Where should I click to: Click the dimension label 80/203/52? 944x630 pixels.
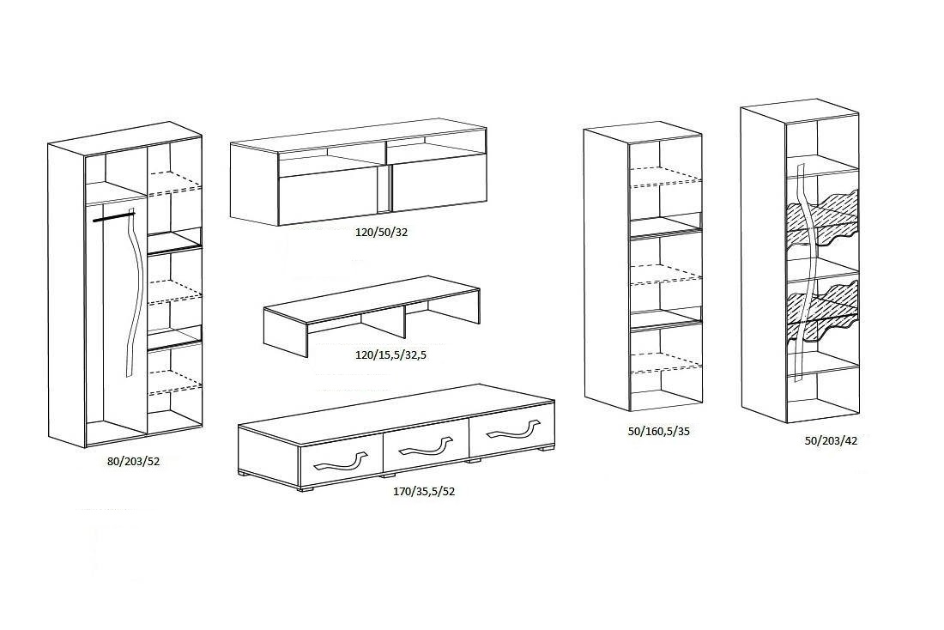(133, 462)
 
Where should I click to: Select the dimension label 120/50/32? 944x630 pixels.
(381, 232)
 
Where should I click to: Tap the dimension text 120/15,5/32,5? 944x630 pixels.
(390, 354)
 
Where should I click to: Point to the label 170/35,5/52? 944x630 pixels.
(424, 491)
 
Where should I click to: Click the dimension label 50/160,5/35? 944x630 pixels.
(658, 431)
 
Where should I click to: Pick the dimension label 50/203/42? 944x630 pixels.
(831, 440)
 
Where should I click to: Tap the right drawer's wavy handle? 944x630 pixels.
(511, 427)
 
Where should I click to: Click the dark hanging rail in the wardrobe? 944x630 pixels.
(114, 215)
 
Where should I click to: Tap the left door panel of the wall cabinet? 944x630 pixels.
(330, 200)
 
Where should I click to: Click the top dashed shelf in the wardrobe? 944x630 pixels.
(174, 183)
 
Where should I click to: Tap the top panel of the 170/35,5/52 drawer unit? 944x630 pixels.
(396, 415)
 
